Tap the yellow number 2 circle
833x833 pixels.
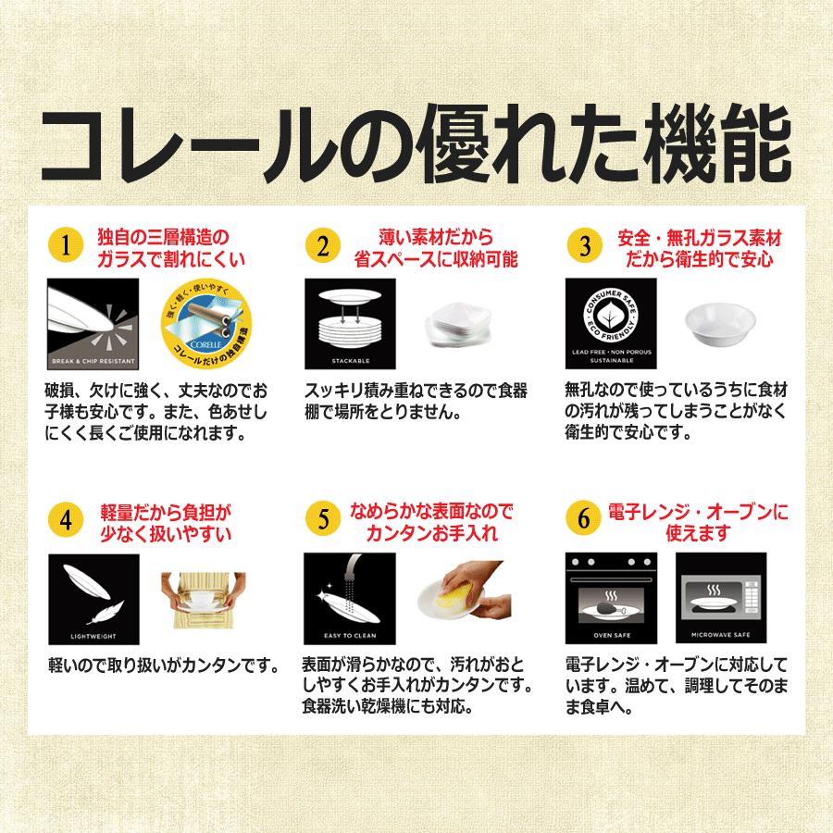pyautogui.click(x=323, y=246)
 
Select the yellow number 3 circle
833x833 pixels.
pyautogui.click(x=584, y=246)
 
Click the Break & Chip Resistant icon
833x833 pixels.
pyautogui.click(x=92, y=323)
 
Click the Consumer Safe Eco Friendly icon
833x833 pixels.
pyautogui.click(x=611, y=323)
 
